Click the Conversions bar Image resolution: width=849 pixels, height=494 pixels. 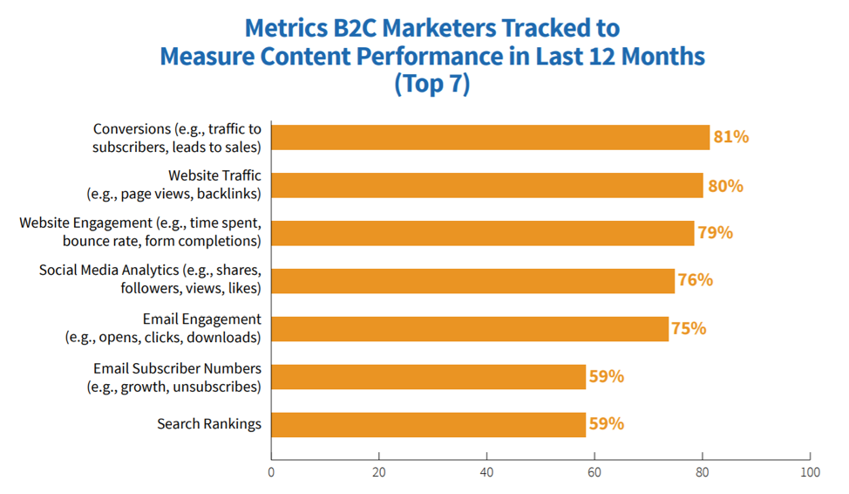tap(490, 138)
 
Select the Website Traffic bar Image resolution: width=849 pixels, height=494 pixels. tap(486, 185)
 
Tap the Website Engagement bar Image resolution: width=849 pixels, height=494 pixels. tap(482, 233)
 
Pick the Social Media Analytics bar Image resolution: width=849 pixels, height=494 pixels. tap(472, 280)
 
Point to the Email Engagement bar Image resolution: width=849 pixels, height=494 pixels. tap(470, 329)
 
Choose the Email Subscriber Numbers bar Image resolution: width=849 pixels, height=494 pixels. tap(428, 377)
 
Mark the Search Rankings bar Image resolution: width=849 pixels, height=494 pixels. tap(428, 424)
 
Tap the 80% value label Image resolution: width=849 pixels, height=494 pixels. tap(725, 185)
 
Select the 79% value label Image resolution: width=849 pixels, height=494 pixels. tap(715, 233)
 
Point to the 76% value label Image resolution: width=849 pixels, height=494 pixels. tap(695, 280)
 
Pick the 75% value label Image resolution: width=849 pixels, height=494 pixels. tap(688, 329)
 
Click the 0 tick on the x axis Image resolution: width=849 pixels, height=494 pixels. tap(271, 472)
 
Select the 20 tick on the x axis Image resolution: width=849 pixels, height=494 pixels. tap(379, 472)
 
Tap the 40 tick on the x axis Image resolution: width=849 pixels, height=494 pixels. tap(486, 472)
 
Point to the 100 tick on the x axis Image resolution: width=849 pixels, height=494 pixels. tap(810, 472)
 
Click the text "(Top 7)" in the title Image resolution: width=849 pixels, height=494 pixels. tap(431, 86)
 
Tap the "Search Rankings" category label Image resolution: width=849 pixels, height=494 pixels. tap(209, 424)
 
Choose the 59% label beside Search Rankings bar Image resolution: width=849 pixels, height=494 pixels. tap(606, 424)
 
